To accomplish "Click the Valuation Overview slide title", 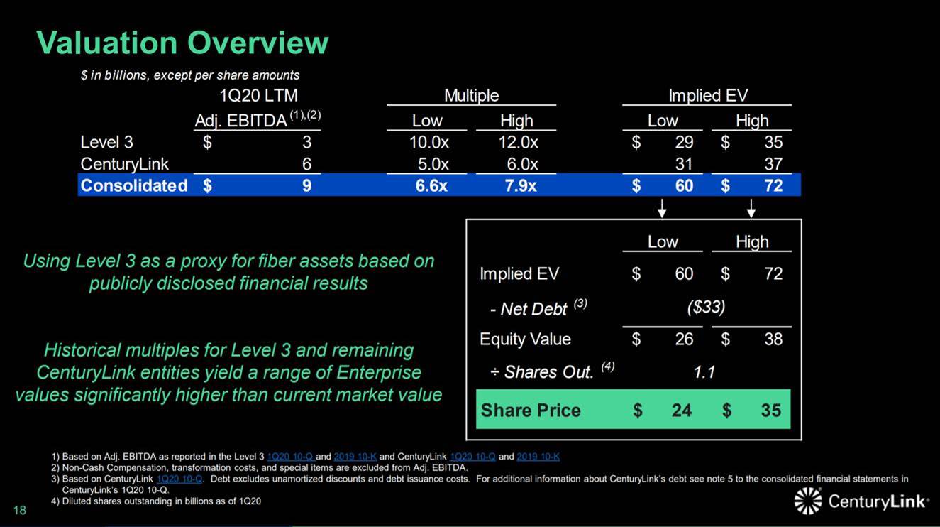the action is tap(182, 43).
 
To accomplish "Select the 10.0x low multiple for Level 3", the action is tap(429, 143).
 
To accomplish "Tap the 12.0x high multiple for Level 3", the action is tap(518, 143).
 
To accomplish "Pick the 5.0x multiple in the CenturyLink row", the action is tap(433, 164).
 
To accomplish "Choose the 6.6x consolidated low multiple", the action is tap(431, 186).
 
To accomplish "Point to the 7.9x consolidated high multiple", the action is tap(520, 186).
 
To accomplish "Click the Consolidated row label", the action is tap(134, 185).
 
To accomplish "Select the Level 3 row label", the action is tap(106, 142).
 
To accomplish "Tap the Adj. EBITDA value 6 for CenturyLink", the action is tap(306, 164).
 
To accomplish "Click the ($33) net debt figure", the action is tap(706, 308).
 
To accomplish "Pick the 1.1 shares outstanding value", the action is tap(704, 372).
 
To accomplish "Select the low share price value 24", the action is tap(682, 411).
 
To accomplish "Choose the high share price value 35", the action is tap(771, 411).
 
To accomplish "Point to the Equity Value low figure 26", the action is tap(684, 339).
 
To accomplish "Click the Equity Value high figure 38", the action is tap(773, 339).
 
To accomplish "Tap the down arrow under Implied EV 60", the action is tap(662, 208).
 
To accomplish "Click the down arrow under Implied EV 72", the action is tap(751, 208).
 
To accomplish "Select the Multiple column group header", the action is tap(471, 95).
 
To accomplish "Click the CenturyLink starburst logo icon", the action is tap(808, 501).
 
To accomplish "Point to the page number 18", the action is tap(20, 510).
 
